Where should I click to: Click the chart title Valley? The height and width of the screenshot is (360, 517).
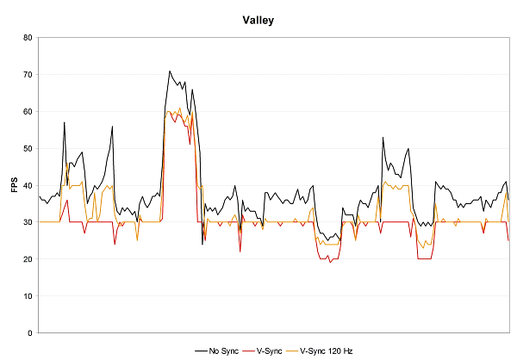coord(258,19)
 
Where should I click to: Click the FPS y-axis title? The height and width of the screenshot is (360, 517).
coord(14,185)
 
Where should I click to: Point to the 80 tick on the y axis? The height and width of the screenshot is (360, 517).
coord(28,38)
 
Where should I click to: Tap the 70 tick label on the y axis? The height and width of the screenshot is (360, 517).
coord(28,75)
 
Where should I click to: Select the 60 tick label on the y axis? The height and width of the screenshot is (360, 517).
coord(28,112)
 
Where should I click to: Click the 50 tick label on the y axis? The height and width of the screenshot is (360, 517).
coord(28,149)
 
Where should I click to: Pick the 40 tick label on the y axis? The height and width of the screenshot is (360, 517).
coord(28,185)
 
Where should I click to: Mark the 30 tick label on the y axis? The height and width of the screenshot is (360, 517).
coord(28,222)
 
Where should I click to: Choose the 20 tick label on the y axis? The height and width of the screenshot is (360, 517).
coord(28,259)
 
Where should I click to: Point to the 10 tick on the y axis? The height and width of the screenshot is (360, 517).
coord(28,296)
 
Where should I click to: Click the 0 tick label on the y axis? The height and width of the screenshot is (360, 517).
coord(30,333)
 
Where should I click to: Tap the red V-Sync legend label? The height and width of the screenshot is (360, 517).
coord(270,351)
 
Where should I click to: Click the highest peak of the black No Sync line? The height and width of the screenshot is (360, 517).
coord(170,71)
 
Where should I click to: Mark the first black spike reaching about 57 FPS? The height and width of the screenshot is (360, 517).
coord(64,122)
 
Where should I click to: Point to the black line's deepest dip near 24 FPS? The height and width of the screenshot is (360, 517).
coord(202,244)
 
